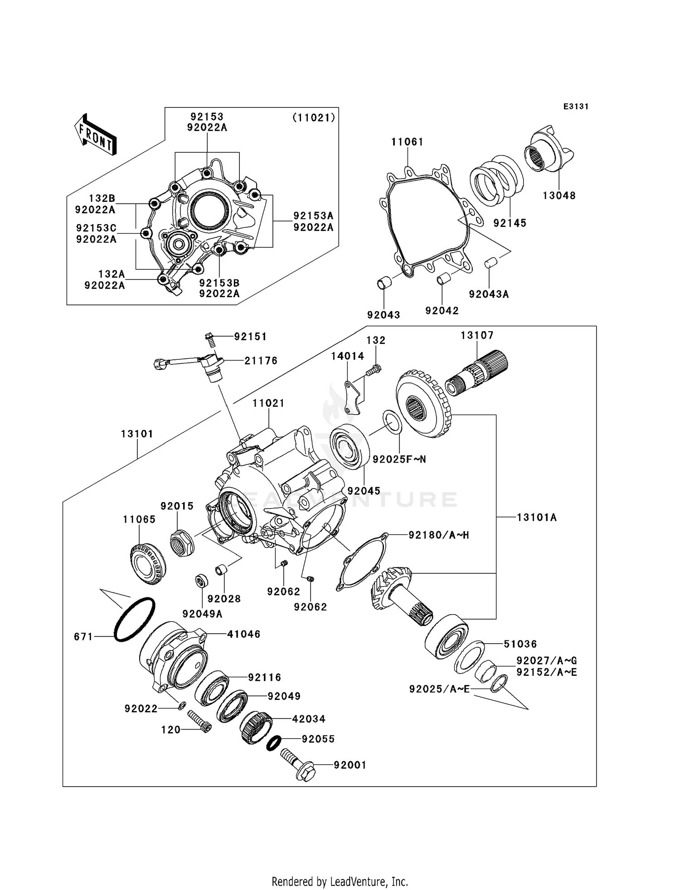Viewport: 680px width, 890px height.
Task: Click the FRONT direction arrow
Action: coord(96,135)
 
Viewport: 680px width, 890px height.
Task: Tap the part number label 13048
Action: coord(559,196)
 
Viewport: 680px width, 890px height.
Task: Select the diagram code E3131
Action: coord(576,107)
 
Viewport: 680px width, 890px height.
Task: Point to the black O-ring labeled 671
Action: coord(134,619)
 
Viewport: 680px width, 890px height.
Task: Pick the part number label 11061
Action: coord(407,142)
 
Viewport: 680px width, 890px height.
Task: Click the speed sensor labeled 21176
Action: coord(211,365)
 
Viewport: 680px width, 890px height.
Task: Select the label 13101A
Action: coord(536,517)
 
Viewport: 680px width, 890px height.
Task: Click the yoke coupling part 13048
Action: coord(549,152)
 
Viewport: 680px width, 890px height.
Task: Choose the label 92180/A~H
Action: coord(438,535)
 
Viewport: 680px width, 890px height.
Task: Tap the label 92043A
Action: coord(489,294)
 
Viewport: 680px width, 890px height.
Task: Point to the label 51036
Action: coord(520,644)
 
